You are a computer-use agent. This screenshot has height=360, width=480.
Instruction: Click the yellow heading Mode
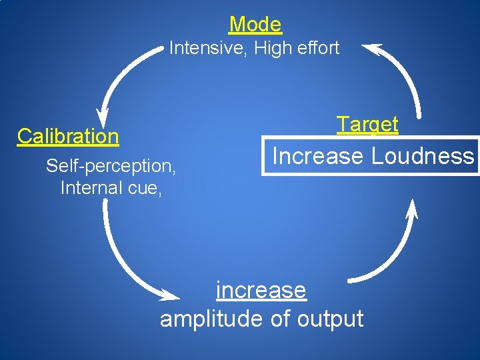(x=255, y=25)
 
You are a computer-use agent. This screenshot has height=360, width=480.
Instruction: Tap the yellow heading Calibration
(x=68, y=136)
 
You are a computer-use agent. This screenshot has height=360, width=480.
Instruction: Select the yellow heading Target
(x=367, y=124)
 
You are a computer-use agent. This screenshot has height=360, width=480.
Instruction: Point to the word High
(x=270, y=48)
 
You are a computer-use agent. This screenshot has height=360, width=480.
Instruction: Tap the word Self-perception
(x=111, y=165)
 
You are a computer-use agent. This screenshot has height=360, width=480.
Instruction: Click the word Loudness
(x=422, y=156)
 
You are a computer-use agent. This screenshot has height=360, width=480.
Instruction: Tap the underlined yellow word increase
(x=261, y=291)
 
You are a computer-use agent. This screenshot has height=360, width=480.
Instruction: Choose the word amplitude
(x=211, y=319)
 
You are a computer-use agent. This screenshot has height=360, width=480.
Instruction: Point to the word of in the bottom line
(x=280, y=319)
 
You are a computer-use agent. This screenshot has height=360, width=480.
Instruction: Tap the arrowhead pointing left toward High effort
(x=371, y=49)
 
